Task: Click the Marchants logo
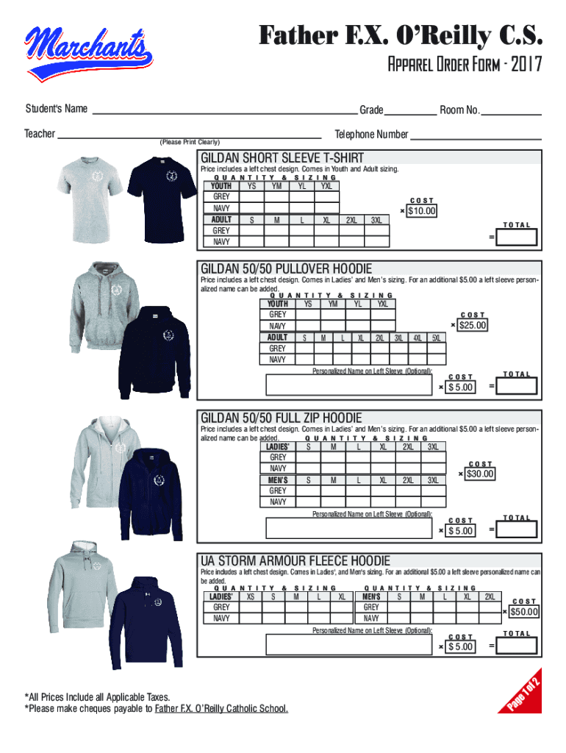coord(89,53)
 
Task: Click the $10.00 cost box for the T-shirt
coord(421,211)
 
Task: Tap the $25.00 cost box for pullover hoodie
coord(473,325)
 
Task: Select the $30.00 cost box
coord(479,474)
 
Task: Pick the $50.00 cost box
coord(524,612)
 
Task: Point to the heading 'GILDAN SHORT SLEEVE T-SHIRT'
coord(282,157)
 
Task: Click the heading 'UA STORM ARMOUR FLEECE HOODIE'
coord(295,560)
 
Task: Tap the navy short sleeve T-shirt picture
coord(162,199)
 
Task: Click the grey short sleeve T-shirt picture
coord(90,199)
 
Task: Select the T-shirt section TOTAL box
coord(516,238)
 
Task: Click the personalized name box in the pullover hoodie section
coord(349,385)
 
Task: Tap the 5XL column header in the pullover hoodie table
coord(436,338)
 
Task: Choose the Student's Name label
coord(56,109)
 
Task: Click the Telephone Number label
coord(371,134)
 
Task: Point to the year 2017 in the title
coord(526,64)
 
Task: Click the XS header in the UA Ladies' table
coord(251,596)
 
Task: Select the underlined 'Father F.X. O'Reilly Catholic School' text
coord(221,708)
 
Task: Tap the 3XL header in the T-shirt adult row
coord(376,220)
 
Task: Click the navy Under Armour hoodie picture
coord(146,622)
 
